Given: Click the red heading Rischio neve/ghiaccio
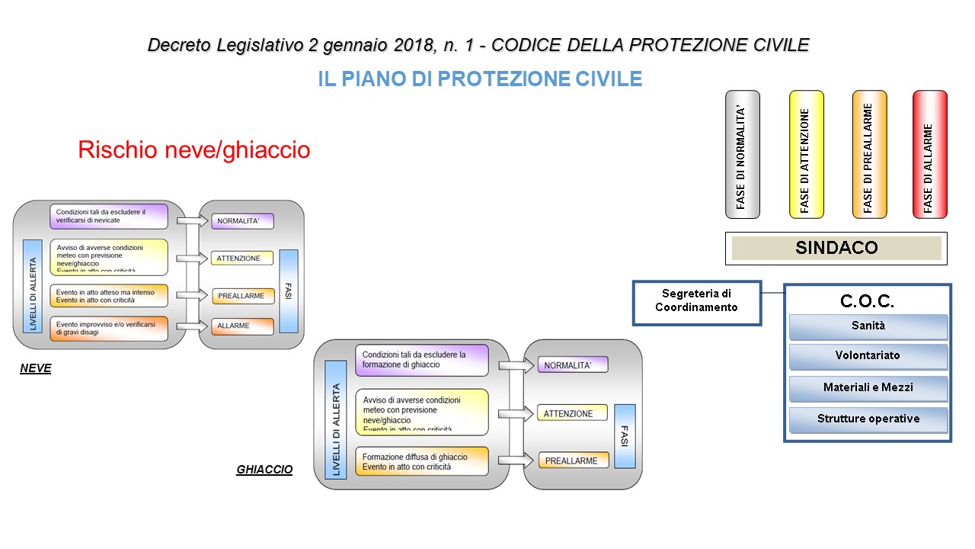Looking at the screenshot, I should [x=194, y=150].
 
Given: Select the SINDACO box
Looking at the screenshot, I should [x=836, y=248].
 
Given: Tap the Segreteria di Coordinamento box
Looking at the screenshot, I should [x=696, y=300].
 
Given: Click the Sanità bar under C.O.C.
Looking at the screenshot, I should [x=868, y=326].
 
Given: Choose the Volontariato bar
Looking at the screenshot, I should [x=868, y=356].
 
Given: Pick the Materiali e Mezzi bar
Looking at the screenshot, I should [x=868, y=388].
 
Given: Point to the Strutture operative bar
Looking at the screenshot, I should [x=868, y=419].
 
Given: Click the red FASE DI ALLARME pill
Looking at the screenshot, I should [x=929, y=154].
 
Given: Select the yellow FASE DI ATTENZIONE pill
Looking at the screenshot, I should [x=806, y=154].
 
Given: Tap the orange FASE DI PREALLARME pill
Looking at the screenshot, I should [x=868, y=154].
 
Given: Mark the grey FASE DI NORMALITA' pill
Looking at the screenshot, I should [x=742, y=154].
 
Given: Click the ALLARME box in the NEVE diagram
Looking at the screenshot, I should [x=242, y=326].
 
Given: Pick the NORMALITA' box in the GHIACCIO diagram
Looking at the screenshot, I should [x=573, y=365].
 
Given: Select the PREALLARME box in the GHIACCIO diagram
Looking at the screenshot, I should [x=573, y=461].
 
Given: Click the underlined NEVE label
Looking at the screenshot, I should [x=36, y=369].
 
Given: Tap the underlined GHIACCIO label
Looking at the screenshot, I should [x=264, y=470].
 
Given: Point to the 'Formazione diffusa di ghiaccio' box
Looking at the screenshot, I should [x=421, y=461].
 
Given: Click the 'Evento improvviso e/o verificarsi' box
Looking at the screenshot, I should [x=109, y=329].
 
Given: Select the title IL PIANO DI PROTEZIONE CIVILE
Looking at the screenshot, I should [x=480, y=79].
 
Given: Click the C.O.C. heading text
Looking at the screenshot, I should [x=867, y=301].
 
